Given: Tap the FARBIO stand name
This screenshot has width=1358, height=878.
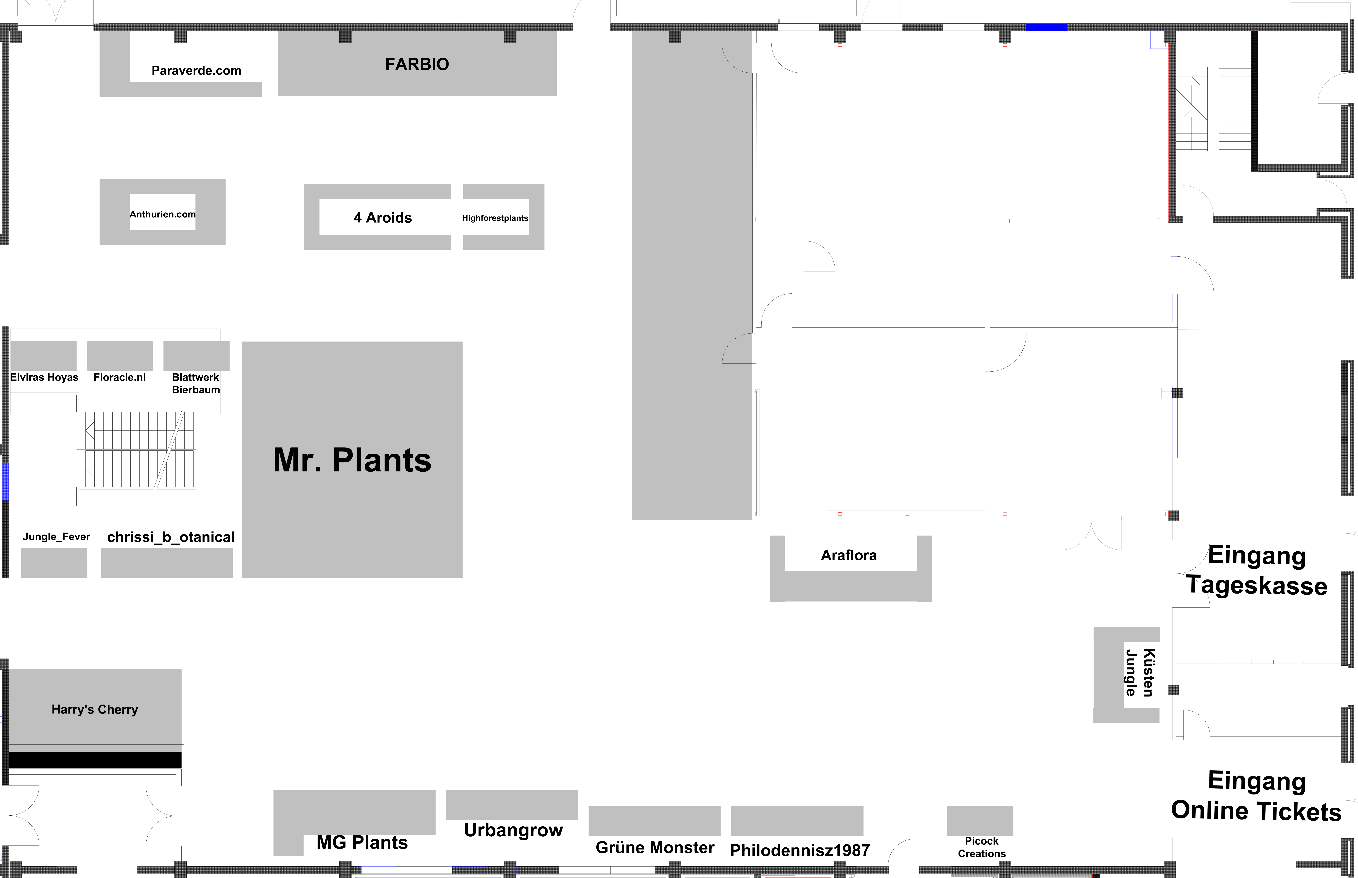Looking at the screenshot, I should click(417, 64).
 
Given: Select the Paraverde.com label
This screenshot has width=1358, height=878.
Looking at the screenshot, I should click(196, 71).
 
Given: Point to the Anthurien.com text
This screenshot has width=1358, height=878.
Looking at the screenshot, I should click(163, 214).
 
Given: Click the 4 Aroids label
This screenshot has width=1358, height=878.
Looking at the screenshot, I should click(383, 218).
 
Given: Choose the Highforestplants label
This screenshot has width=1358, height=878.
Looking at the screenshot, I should click(495, 218).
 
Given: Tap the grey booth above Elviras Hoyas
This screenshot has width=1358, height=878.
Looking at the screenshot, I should click(43, 356).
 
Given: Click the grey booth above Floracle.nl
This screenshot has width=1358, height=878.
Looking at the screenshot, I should click(120, 356).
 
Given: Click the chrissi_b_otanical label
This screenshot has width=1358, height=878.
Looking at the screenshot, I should click(171, 537).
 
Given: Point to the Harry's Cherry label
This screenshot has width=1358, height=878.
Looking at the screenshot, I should click(95, 709).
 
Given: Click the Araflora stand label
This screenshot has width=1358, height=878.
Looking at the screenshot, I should click(849, 555).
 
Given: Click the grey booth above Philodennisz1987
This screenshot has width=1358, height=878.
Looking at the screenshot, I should click(797, 820).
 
